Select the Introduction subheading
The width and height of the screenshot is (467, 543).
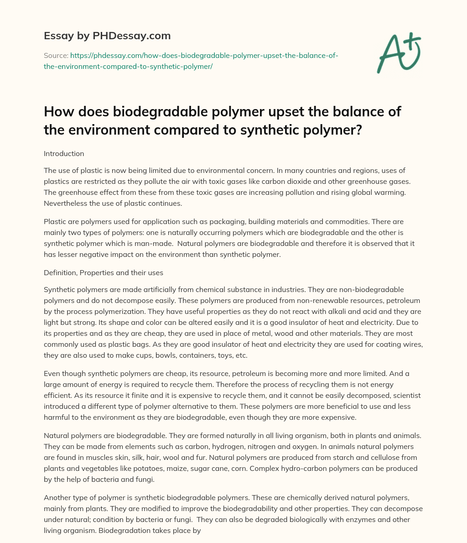[64, 154]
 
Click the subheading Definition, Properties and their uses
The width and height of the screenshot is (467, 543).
[104, 272]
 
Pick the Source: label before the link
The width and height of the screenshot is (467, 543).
[56, 55]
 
